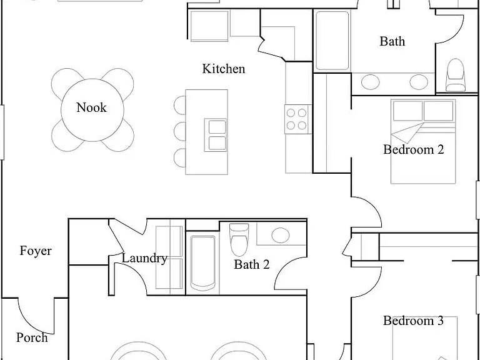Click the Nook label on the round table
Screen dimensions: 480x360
pos(91,107)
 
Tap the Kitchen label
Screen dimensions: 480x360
pos(224,69)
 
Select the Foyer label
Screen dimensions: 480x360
pos(36,251)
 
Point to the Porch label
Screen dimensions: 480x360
pos(32,337)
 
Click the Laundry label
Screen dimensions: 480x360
pos(144,258)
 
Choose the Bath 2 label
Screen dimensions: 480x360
pos(252,264)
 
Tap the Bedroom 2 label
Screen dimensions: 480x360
pos(414,149)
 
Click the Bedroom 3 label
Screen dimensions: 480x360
pos(413,321)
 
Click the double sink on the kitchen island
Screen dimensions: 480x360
pos(216,135)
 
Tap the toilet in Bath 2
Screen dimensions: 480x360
pos(239,240)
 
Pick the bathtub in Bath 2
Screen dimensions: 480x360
pos(202,263)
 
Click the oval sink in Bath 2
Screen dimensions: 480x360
pos(281,235)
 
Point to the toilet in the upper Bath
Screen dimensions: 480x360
pos(456,75)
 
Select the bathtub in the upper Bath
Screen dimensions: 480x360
pos(332,41)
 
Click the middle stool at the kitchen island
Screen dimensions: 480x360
pos(180,131)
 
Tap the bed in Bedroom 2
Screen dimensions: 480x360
pos(423,141)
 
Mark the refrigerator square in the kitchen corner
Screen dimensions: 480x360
pos(209,26)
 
